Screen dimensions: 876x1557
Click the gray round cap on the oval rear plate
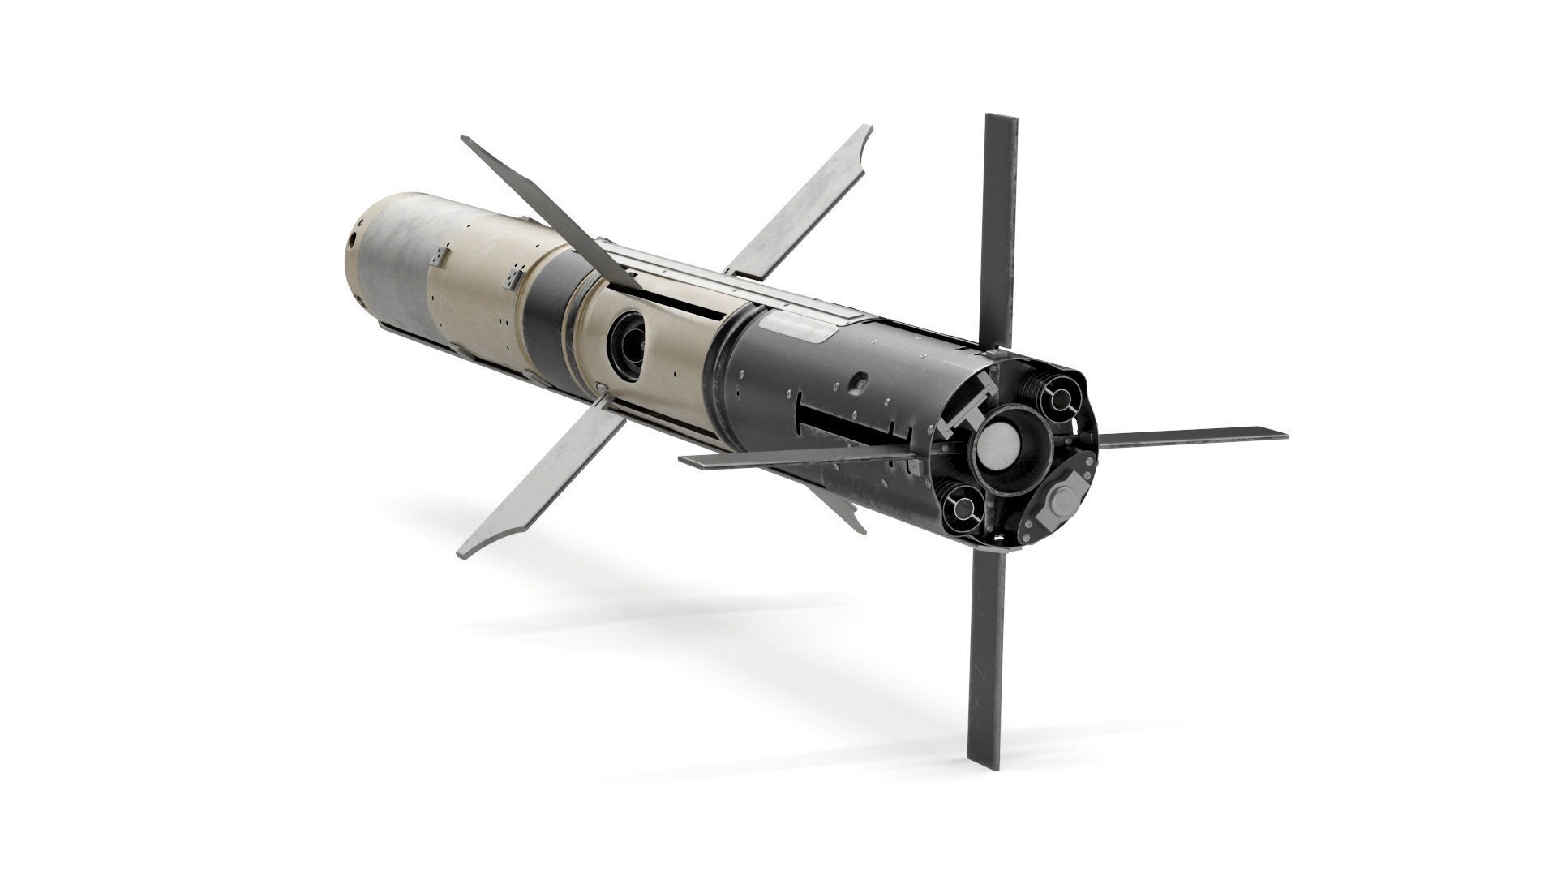tap(1059, 503)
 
